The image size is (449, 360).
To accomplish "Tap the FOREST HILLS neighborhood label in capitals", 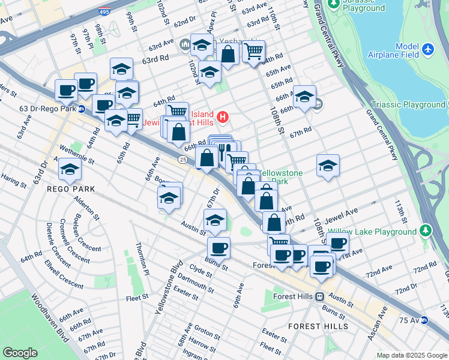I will [318, 326].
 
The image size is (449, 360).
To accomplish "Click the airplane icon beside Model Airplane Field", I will [428, 48].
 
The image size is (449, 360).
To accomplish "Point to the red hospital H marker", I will [223, 116].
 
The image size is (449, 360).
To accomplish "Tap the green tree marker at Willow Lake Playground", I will [426, 230].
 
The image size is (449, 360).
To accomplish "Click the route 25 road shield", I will [182, 158].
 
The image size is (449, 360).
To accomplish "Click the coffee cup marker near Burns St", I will [218, 247].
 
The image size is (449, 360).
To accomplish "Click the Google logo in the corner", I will [20, 353].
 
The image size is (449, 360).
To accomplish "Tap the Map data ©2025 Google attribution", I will [411, 355].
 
